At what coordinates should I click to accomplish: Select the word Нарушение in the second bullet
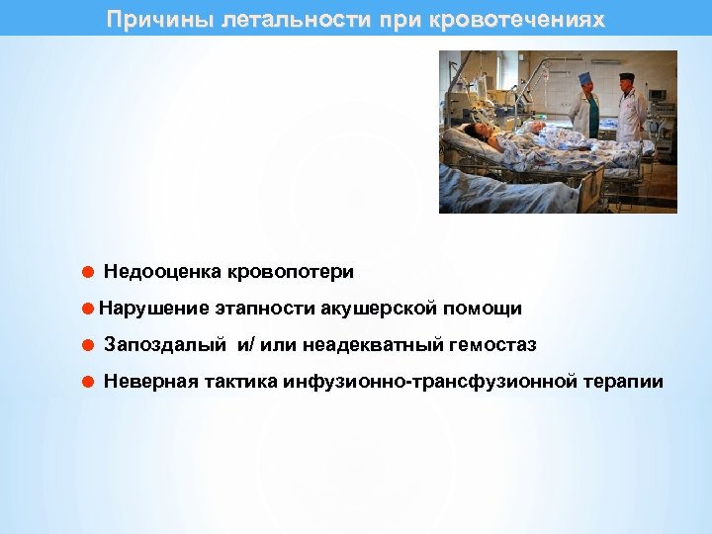153,308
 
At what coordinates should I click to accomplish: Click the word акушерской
379,308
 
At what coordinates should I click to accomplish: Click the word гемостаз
493,345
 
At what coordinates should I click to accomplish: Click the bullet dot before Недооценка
87,271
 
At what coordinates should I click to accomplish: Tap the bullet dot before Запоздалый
87,345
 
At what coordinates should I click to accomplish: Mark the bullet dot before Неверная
87,382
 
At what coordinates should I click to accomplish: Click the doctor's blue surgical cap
584,77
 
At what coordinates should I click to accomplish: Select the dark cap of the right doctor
626,76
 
